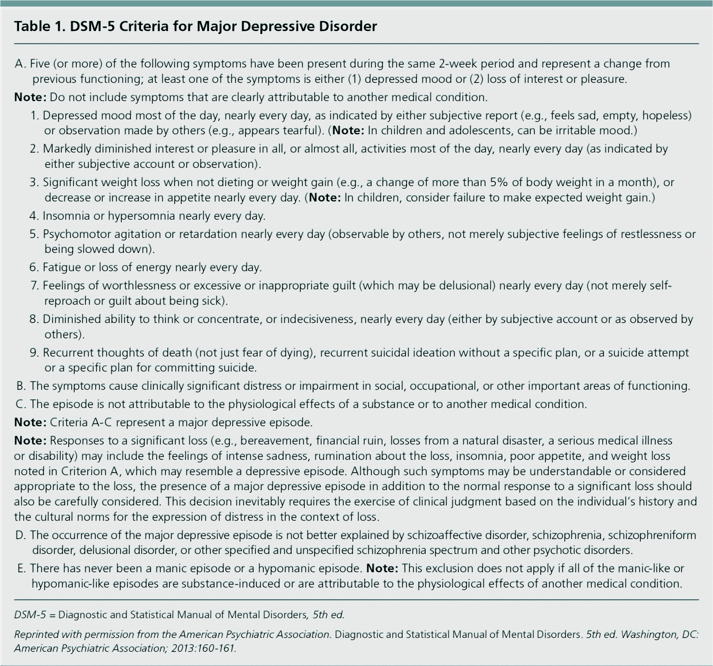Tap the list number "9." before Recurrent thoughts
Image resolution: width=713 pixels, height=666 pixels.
(x=34, y=353)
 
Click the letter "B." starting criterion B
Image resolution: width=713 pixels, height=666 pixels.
(x=21, y=386)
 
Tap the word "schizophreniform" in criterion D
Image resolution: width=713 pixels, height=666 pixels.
(x=652, y=535)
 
